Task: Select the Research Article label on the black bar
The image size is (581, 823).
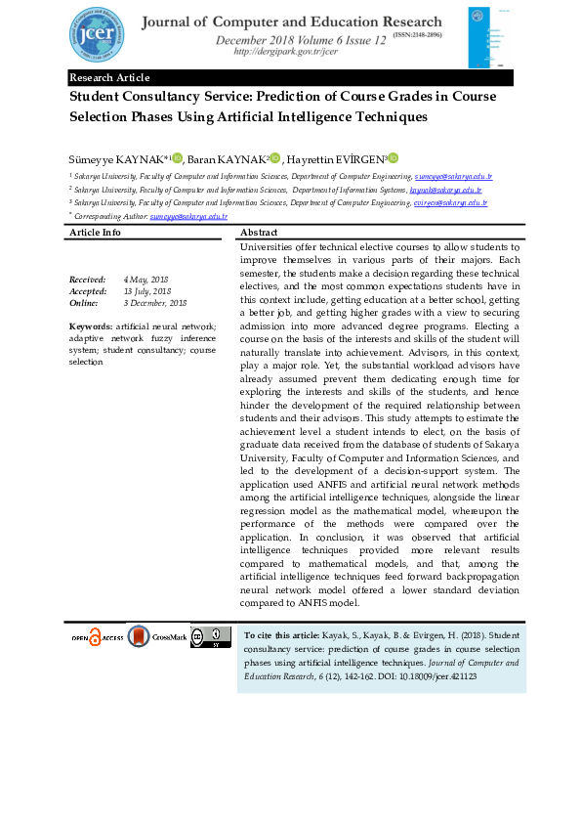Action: coord(109,77)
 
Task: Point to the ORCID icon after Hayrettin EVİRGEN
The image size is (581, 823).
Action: coord(393,158)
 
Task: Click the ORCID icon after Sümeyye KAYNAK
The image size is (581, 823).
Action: coord(177,158)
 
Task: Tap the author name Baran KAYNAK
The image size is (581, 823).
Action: coord(228,158)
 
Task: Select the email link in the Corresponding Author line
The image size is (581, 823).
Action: coord(188,215)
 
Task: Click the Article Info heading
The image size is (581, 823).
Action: coord(95,233)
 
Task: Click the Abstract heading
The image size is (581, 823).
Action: coord(259,233)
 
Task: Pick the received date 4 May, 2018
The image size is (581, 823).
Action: coord(145,279)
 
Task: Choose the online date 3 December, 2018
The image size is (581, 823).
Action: coord(154,303)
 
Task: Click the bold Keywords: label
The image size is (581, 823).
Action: coord(90,325)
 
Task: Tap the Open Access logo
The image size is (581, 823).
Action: coord(97,637)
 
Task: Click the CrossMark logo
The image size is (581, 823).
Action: coord(156,637)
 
